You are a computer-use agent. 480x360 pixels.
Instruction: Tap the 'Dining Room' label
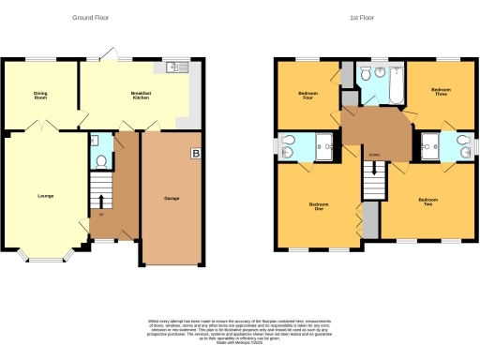click(40, 95)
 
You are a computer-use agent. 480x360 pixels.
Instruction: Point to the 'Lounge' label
click(45, 196)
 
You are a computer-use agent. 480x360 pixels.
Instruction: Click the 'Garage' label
click(172, 199)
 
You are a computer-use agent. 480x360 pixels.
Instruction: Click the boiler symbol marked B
click(195, 154)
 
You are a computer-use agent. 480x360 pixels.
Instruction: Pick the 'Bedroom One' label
click(318, 206)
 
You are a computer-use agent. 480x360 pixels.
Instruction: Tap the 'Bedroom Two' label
click(428, 202)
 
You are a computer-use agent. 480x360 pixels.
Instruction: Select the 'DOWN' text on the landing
click(373, 155)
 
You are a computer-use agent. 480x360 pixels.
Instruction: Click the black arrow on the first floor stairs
click(373, 171)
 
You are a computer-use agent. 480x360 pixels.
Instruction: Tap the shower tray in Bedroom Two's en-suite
click(430, 143)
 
